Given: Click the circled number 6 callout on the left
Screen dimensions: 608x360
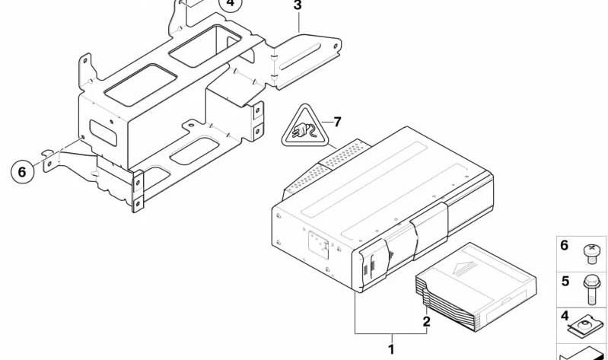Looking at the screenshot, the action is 22,171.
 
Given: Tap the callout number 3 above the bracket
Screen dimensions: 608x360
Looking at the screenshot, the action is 298,5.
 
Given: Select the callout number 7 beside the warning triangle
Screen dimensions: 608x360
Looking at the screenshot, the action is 337,122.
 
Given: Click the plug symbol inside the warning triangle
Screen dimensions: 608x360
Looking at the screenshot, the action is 305,130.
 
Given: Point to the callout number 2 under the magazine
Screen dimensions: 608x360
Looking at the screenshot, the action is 427,322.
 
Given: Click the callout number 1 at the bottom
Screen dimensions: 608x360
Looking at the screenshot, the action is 392,349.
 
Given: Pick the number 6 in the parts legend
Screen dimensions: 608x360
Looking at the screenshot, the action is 564,246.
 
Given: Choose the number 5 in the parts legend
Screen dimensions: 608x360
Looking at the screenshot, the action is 565,281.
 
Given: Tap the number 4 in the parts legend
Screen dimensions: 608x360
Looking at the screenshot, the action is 565,316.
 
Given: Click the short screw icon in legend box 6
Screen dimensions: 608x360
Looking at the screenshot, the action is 591,254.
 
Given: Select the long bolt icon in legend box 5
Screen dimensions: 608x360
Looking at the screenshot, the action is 591,288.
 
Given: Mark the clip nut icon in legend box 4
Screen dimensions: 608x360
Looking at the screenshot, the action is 586,324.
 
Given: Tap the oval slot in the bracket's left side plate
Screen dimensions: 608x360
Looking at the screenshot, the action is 103,133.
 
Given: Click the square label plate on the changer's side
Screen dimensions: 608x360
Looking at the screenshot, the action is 319,245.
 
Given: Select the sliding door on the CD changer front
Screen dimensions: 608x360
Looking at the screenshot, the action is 430,231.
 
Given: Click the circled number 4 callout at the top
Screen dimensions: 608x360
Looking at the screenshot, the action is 231,3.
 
